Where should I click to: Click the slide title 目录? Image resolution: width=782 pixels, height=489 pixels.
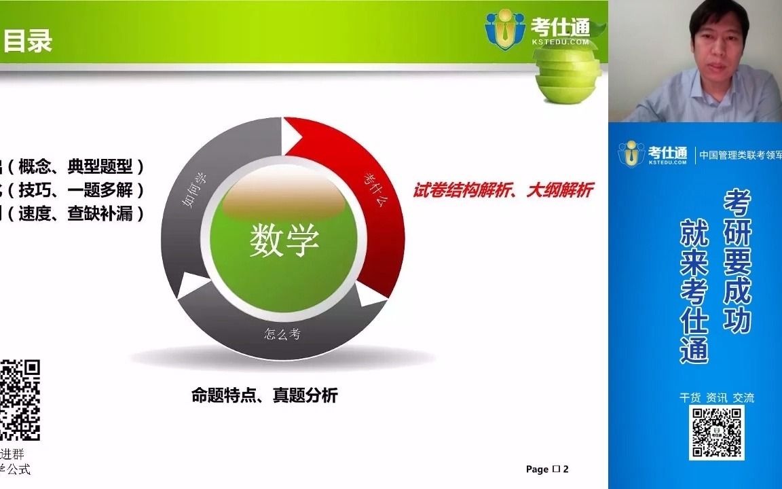coord(28,41)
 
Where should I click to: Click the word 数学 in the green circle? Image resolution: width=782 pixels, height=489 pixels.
coord(284,240)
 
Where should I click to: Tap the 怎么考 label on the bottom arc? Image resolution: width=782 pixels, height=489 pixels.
coord(282,333)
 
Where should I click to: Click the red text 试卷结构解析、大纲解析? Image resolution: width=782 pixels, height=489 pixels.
coord(503,191)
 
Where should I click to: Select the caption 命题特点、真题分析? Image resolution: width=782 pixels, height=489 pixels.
coord(265,395)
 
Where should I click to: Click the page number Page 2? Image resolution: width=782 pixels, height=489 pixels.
coord(547,469)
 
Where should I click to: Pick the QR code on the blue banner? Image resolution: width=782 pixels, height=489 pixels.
coord(717,433)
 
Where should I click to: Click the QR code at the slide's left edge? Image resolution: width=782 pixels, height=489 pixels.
coord(20,400)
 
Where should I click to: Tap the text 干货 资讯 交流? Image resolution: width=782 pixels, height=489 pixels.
coord(717,397)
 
